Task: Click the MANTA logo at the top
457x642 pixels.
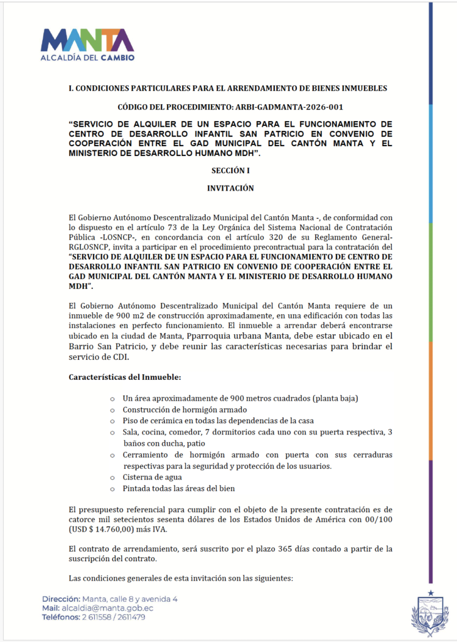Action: [87, 40]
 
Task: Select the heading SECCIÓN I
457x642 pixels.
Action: [230, 170]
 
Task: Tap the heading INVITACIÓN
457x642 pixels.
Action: [230, 187]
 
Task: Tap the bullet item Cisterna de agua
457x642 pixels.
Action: [153, 477]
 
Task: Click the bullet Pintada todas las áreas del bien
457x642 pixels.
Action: [179, 488]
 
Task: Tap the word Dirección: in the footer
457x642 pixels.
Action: [62, 599]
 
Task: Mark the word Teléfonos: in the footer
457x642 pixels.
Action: [61, 617]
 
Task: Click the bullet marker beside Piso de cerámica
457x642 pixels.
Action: [112, 421]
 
